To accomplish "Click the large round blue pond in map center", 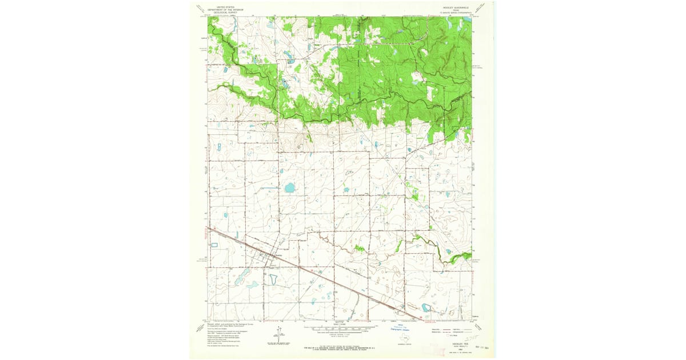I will pos(290,187).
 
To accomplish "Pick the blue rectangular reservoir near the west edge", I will pos(215,245).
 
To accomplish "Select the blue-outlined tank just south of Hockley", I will pos(273,279).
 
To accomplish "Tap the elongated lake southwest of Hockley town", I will pos(241,277).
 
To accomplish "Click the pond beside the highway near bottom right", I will pos(425,308).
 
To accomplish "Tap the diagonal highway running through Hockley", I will pos(320,277).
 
